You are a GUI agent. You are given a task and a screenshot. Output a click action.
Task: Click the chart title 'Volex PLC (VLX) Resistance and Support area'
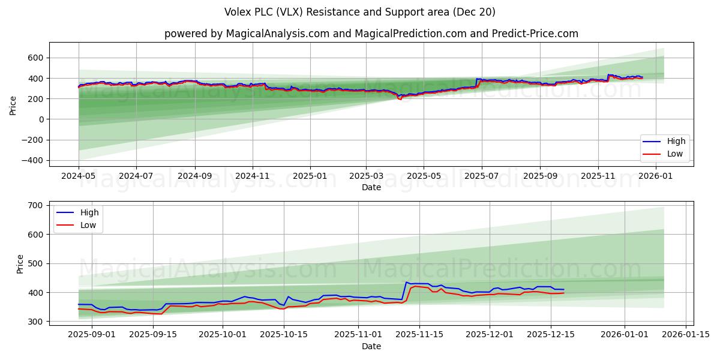tap(359, 12)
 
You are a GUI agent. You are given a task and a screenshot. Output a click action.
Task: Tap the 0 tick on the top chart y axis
tap(41, 119)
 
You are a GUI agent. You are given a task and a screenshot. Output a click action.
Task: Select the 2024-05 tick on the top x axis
tap(79, 176)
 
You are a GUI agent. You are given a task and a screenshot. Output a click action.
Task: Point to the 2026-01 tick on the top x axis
tap(655, 176)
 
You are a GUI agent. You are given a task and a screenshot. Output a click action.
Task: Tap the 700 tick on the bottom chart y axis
tap(35, 205)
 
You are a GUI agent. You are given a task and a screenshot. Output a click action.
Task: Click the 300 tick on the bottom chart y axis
tap(35, 322)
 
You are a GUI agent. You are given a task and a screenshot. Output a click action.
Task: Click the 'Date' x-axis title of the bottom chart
tap(371, 347)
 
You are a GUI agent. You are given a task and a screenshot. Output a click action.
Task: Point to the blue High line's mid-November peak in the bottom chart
tap(407, 282)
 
